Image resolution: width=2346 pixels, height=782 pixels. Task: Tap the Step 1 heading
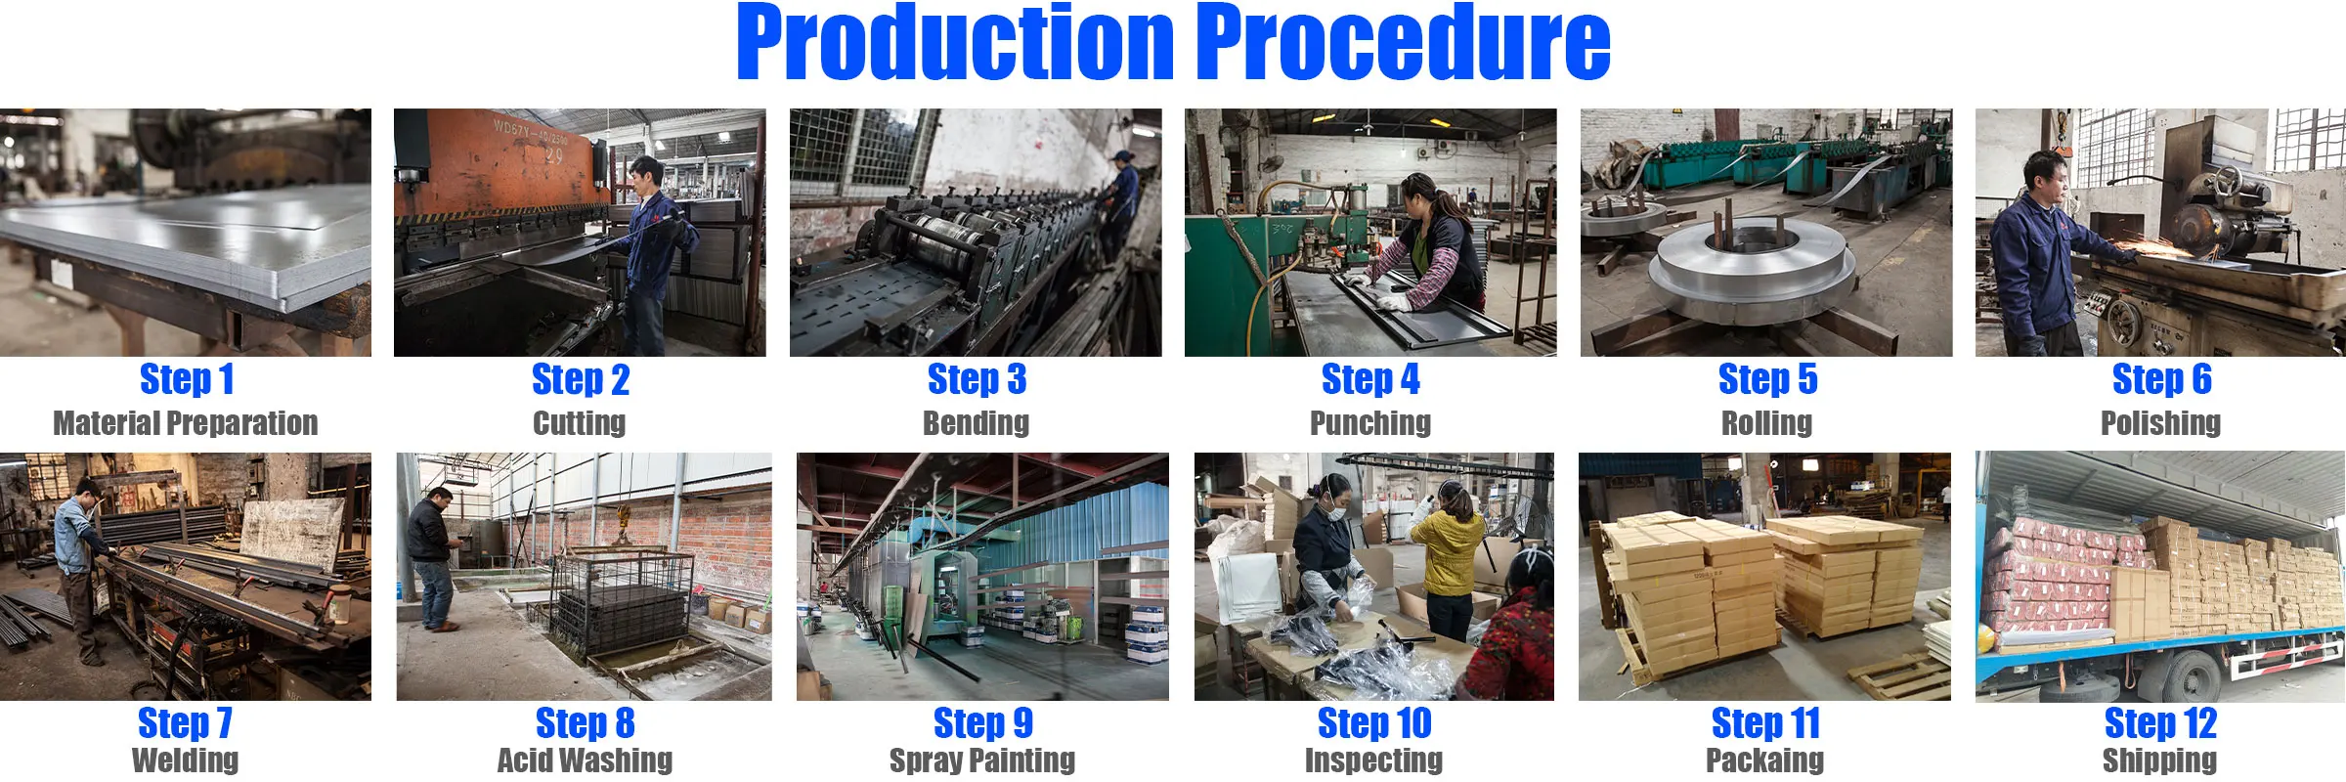187,379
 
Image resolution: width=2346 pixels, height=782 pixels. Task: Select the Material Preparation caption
186,423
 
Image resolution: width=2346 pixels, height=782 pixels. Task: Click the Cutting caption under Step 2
580,423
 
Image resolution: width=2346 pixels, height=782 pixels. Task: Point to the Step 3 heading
977,379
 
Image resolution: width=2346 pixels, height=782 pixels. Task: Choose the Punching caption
1370,423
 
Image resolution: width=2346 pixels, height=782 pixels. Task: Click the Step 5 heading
1767,379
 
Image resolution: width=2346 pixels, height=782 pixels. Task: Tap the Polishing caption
2161,423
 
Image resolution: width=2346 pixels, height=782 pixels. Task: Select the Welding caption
186,760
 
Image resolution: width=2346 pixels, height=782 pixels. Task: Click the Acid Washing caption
585,760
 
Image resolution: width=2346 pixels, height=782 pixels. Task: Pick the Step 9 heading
982,723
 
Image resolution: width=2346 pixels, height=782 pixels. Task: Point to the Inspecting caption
1373,760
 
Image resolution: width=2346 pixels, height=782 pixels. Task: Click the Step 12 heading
2160,723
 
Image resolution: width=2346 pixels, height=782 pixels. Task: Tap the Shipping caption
2159,760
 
